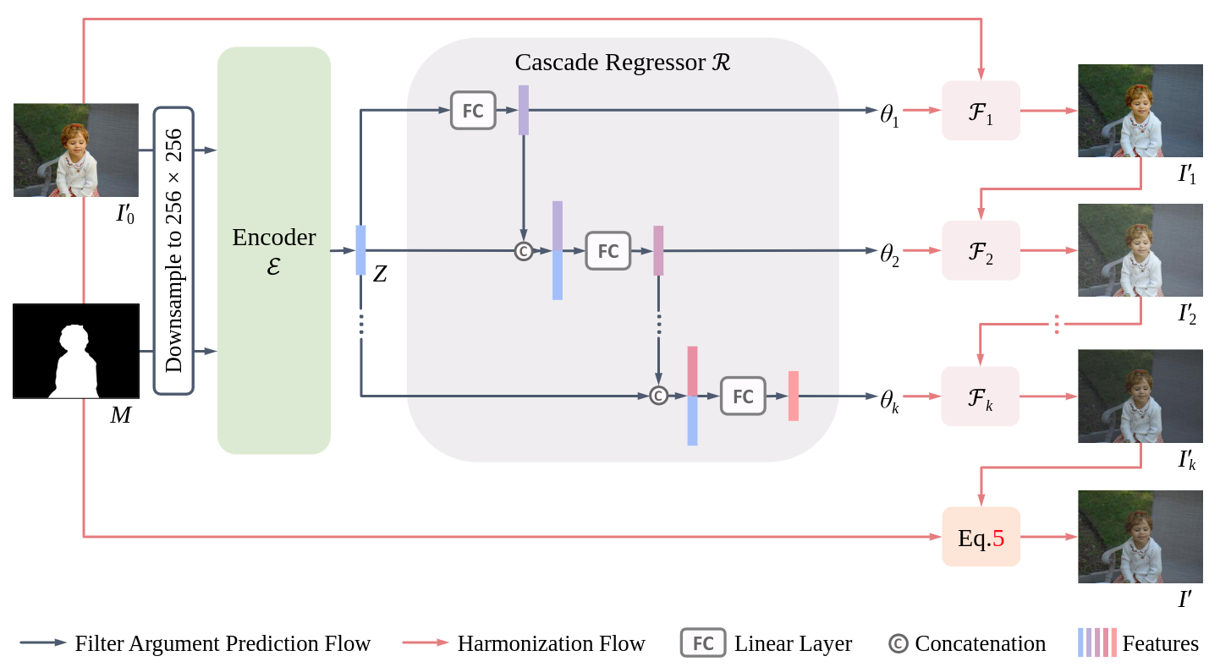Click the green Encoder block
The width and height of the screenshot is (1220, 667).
pyautogui.click(x=273, y=250)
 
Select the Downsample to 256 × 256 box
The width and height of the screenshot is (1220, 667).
pyautogui.click(x=173, y=250)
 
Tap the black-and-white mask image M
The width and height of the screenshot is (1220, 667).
pyautogui.click(x=76, y=351)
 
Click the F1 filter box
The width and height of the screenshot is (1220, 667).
pyautogui.click(x=981, y=111)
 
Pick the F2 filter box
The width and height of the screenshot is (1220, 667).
pyautogui.click(x=981, y=250)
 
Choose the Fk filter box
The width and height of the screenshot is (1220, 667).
pyautogui.click(x=981, y=396)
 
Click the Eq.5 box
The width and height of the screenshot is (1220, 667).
pyautogui.click(x=981, y=537)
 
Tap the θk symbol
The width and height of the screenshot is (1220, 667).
pyautogui.click(x=889, y=398)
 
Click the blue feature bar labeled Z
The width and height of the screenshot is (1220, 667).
pyautogui.click(x=360, y=250)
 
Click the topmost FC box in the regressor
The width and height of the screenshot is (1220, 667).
pyautogui.click(x=473, y=111)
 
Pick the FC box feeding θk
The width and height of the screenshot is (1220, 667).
pyautogui.click(x=743, y=396)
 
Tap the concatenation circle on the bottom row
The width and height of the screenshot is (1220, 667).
pyautogui.click(x=658, y=395)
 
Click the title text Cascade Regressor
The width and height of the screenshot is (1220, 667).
pyautogui.click(x=622, y=63)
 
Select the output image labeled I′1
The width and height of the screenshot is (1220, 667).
pyautogui.click(x=1140, y=111)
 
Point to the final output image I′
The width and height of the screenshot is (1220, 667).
pyautogui.click(x=1140, y=537)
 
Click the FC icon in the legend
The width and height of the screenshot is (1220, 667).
pyautogui.click(x=703, y=643)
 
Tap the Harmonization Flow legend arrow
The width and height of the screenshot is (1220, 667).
pyautogui.click(x=426, y=642)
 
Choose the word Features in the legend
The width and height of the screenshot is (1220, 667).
pyautogui.click(x=1160, y=643)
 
